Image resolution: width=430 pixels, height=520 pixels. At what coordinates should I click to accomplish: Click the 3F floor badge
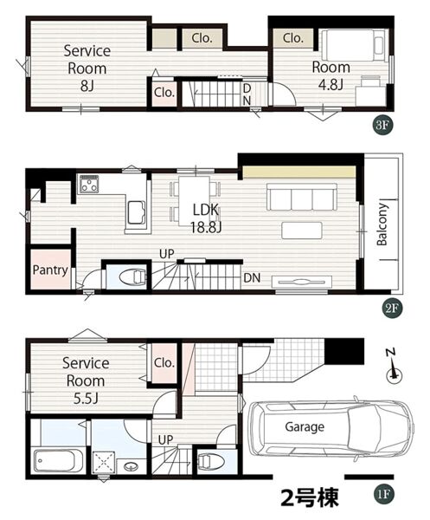tap(382, 125)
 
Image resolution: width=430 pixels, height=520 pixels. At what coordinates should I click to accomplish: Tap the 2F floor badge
tap(392, 309)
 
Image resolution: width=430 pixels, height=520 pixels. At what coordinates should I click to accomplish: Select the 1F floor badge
tap(383, 495)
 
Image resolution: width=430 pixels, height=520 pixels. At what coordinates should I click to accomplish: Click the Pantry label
tap(50, 270)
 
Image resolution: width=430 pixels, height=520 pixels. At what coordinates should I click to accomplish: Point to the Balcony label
tap(382, 224)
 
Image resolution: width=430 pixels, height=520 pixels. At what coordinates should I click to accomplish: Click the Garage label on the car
tap(305, 426)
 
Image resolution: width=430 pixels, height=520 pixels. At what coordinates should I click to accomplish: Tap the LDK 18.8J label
tap(206, 218)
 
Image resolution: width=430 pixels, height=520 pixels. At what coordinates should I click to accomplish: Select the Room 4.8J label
tap(331, 75)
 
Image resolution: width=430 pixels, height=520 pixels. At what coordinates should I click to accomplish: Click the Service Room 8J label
tap(87, 68)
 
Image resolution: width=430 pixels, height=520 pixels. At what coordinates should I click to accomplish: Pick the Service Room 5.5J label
tap(86, 380)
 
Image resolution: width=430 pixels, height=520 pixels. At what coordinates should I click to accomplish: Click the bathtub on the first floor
tap(59, 460)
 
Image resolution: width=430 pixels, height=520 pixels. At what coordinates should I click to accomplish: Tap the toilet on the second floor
tap(132, 277)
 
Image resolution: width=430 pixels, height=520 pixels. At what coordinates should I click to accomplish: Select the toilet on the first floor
tap(211, 461)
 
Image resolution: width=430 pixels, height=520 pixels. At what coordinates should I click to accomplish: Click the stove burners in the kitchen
tap(89, 184)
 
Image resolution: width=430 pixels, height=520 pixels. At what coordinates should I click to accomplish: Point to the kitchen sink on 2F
tap(137, 212)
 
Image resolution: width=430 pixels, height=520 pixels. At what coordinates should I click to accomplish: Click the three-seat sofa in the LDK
tap(302, 197)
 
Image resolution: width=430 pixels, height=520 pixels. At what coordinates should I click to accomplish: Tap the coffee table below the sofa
tap(302, 231)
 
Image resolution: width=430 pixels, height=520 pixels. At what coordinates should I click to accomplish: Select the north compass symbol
tap(394, 368)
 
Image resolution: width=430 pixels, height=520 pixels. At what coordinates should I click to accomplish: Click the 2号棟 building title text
tap(310, 497)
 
